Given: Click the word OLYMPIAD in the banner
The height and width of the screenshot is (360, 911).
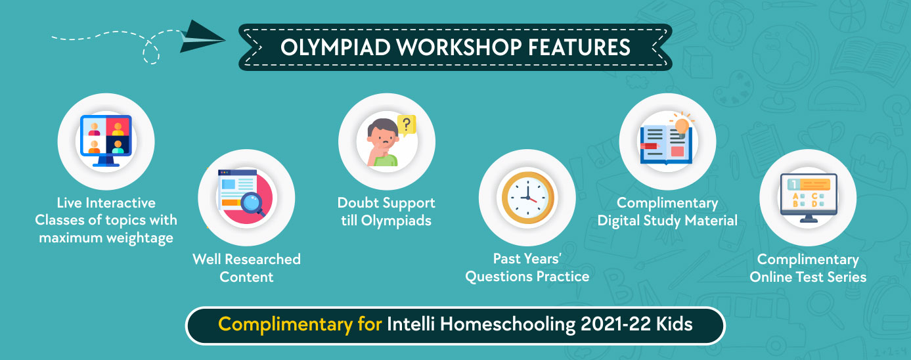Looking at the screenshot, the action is click(x=336, y=47).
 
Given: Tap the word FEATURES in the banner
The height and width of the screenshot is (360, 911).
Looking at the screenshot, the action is click(x=579, y=47).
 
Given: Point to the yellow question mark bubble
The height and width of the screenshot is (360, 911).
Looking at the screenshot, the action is click(x=407, y=125).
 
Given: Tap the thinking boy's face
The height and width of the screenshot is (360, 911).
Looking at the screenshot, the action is click(x=382, y=138).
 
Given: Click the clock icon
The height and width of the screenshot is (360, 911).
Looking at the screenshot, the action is click(x=527, y=198).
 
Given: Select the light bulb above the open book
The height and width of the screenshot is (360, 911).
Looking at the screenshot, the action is click(x=682, y=125).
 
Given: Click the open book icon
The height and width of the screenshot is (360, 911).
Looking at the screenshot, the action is click(x=666, y=145).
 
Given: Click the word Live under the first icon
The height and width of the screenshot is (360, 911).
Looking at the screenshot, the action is click(x=69, y=202).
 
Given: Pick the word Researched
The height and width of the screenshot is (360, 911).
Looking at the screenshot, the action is click(x=263, y=259).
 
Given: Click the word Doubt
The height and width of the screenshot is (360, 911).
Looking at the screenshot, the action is click(x=358, y=202).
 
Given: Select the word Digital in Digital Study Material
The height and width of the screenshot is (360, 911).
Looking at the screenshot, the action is click(x=618, y=221).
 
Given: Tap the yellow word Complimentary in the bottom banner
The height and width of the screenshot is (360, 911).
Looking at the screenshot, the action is click(x=285, y=325).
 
